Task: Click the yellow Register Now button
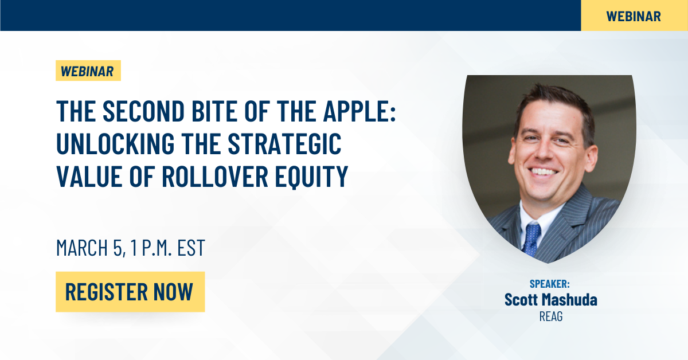(130, 292)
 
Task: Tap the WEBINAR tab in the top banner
(634, 16)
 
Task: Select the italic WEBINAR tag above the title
(88, 71)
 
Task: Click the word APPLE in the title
(359, 111)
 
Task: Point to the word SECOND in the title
(143, 111)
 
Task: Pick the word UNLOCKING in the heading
(115, 143)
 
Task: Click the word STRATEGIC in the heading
(285, 143)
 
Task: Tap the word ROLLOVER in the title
(215, 177)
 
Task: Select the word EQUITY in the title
(311, 177)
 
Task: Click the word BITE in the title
(214, 111)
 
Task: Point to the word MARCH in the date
(82, 248)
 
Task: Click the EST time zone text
(191, 248)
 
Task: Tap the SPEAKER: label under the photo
(549, 284)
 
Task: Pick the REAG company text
(551, 316)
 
